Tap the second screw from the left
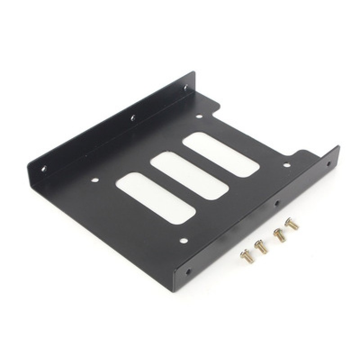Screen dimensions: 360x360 tap(260, 247)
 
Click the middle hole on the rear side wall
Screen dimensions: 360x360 tap(132, 118)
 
